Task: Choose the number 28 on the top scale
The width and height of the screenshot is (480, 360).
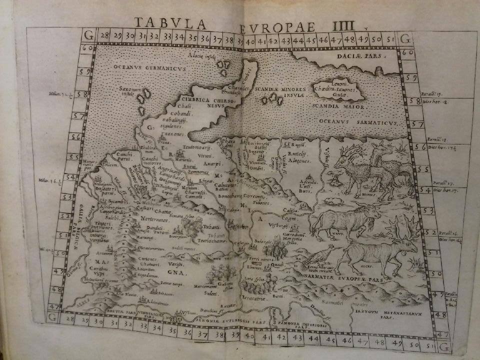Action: point(103,35)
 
